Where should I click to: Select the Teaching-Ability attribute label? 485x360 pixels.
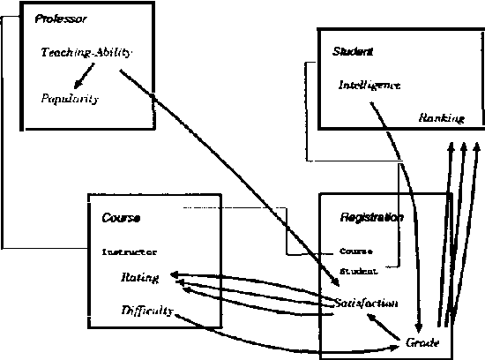coord(86,52)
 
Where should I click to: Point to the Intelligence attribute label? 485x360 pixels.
coord(369,86)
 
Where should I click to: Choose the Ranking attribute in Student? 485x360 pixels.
coord(440,117)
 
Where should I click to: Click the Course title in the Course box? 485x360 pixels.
coord(121,217)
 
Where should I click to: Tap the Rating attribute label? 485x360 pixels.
coord(139,278)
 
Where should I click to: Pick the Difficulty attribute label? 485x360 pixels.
coord(145,310)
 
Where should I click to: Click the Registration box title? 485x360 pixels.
coord(371,217)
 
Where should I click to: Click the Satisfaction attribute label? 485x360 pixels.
coord(366,303)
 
